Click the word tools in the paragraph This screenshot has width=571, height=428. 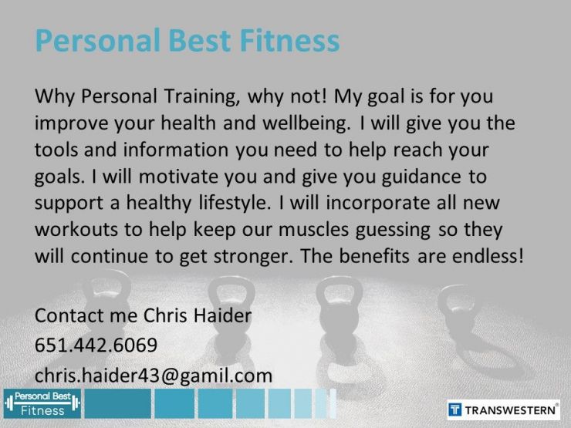(x=56, y=150)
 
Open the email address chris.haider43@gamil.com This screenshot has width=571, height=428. (x=153, y=375)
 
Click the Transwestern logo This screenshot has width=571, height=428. (x=504, y=408)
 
